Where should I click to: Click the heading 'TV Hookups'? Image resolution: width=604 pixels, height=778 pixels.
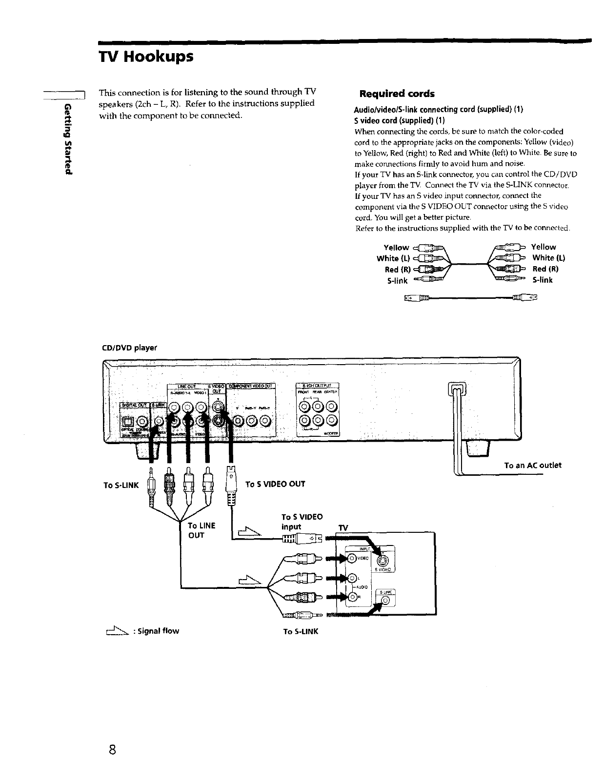pos(146,57)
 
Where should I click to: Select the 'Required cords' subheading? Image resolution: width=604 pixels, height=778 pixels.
pos(396,94)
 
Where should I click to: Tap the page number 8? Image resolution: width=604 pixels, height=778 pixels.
pos(112,749)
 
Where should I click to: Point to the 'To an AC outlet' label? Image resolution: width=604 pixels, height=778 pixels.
pos(532,465)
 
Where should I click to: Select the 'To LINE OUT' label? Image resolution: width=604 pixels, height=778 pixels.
pos(201,530)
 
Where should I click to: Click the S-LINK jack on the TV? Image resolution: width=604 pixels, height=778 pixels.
pos(385,601)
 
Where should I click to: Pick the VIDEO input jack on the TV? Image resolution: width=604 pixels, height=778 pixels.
pos(351,559)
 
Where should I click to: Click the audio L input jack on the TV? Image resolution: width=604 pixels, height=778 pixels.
pos(351,578)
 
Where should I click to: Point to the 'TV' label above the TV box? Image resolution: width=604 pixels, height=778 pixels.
pos(343,528)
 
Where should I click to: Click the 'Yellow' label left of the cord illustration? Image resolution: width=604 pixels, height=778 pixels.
pos(396,247)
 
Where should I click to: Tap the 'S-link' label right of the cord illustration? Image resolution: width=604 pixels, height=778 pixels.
pos(543,280)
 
